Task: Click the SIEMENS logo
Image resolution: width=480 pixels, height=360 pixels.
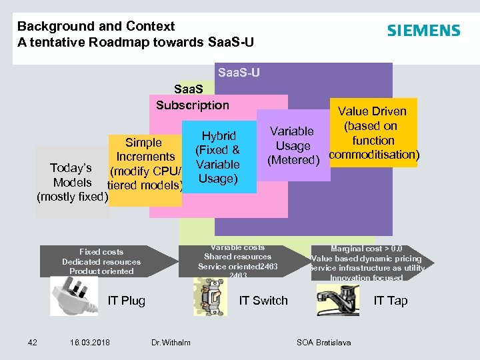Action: pyautogui.click(x=423, y=31)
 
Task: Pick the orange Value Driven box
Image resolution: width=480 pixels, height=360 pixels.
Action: pyautogui.click(x=373, y=133)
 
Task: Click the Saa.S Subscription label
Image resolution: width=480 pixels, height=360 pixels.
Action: pyautogui.click(x=193, y=97)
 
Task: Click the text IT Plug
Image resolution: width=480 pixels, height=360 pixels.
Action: pyautogui.click(x=127, y=301)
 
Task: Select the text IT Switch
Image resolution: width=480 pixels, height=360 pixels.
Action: pyautogui.click(x=263, y=301)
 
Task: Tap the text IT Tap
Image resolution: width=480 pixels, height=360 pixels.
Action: pyautogui.click(x=390, y=301)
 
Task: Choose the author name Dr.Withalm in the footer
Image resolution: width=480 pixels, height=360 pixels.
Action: pyautogui.click(x=171, y=343)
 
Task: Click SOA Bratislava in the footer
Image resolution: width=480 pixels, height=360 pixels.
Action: pyautogui.click(x=323, y=343)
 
